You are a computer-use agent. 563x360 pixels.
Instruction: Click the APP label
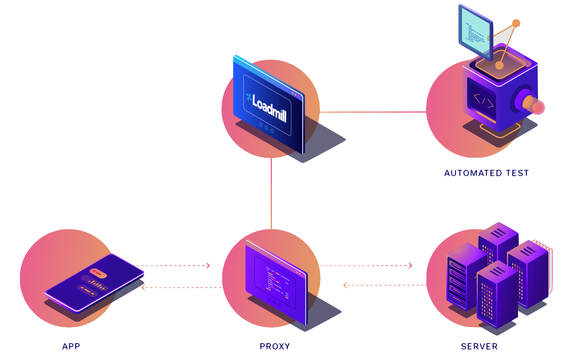[71, 346]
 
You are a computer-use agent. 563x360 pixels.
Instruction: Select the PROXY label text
[275, 346]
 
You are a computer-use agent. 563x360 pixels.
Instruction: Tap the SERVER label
[479, 346]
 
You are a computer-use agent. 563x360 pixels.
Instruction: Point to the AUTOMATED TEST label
[486, 173]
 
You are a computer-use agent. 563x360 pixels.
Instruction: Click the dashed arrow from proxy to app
[182, 288]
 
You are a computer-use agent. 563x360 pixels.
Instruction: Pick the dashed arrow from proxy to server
[366, 266]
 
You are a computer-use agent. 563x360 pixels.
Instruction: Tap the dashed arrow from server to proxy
[383, 285]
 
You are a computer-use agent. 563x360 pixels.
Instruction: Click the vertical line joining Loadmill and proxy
[271, 194]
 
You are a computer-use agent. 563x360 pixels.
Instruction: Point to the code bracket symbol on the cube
[483, 101]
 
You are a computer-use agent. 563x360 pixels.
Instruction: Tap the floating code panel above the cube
[475, 32]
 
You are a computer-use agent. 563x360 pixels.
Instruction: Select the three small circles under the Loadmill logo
[266, 128]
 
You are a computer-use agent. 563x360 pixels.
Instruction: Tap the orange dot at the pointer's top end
[516, 23]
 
